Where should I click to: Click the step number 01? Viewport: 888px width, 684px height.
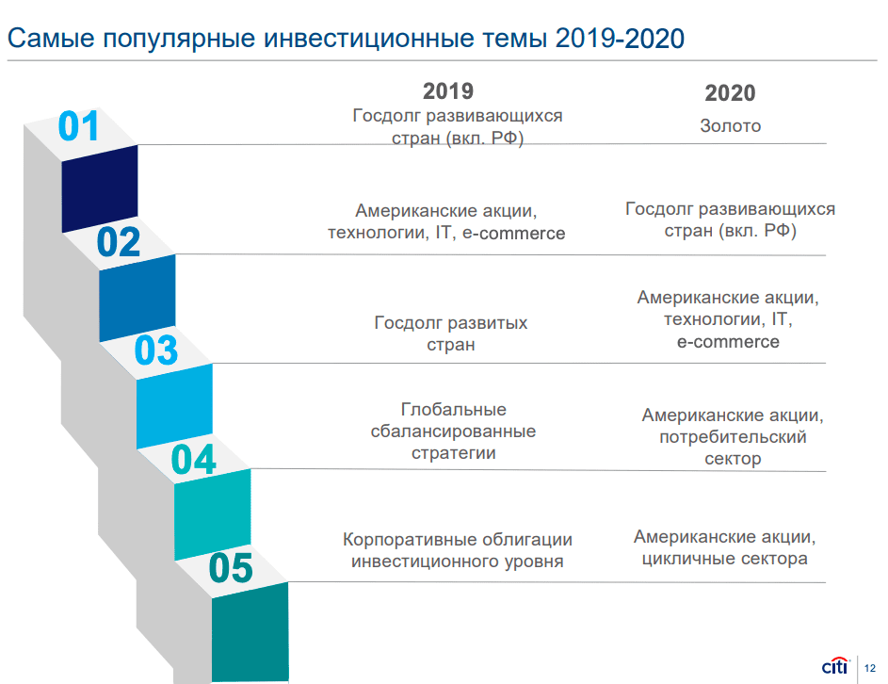point(79,126)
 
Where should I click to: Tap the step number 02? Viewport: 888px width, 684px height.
point(119,242)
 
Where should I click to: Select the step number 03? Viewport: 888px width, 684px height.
point(156,350)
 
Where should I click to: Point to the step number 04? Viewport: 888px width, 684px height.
point(194,460)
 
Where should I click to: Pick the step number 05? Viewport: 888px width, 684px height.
point(231,568)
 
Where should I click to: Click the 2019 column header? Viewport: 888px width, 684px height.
point(448,91)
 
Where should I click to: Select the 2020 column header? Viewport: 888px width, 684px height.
point(730,93)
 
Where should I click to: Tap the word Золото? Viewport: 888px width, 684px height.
point(730,126)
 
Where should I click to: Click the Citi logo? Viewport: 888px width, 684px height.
point(835,666)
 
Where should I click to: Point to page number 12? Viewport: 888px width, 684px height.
point(870,668)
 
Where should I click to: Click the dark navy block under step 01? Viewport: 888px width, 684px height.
point(100,188)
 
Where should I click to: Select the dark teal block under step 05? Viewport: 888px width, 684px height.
point(250,632)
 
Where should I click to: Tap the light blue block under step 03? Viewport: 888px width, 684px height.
point(174,406)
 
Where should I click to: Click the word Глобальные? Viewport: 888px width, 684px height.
point(454,409)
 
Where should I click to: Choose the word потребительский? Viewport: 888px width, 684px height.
point(733,437)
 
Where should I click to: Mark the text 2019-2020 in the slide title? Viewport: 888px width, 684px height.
point(620,39)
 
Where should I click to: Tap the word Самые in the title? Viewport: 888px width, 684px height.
point(51,39)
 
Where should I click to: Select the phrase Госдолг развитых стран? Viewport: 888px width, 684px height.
point(451,334)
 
